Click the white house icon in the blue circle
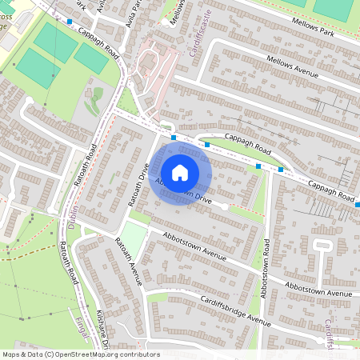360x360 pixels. [x=180, y=172]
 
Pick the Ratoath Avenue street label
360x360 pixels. [x=129, y=261]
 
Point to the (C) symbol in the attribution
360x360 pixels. [x=49, y=354]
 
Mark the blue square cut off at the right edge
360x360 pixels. [x=357, y=205]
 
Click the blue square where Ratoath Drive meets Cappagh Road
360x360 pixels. [x=174, y=138]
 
